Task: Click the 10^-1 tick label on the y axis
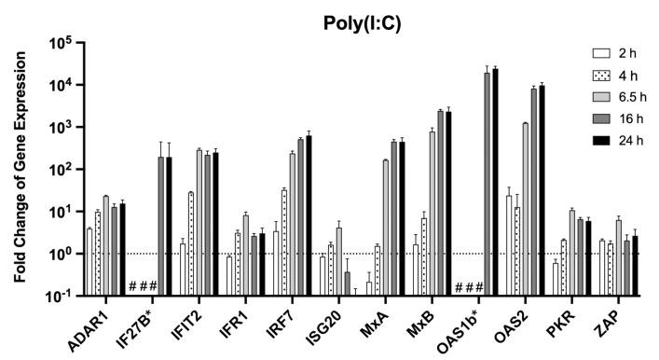tap(62, 296)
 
